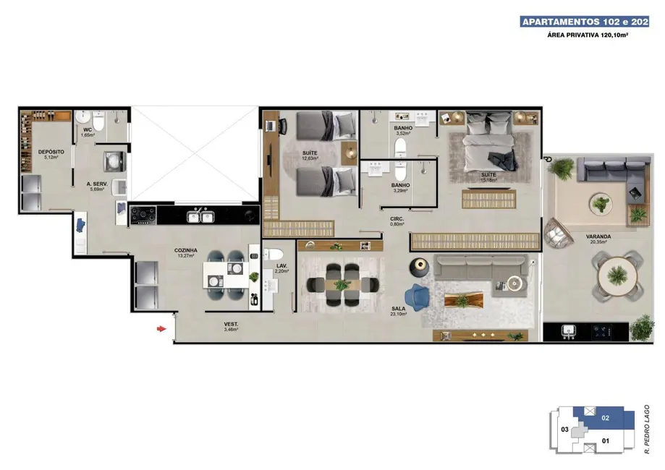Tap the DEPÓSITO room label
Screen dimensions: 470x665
[x=51, y=152]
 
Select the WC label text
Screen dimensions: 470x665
[x=87, y=130]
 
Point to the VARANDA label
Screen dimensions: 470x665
[x=577, y=236]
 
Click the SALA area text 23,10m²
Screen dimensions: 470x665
[x=398, y=313]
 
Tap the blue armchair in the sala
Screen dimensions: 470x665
[x=418, y=295]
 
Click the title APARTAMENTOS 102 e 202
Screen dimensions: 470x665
[x=585, y=22]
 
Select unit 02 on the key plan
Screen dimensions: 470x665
[x=606, y=417]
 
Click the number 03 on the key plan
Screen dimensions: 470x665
[x=564, y=430]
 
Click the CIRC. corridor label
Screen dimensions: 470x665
[x=397, y=218]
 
